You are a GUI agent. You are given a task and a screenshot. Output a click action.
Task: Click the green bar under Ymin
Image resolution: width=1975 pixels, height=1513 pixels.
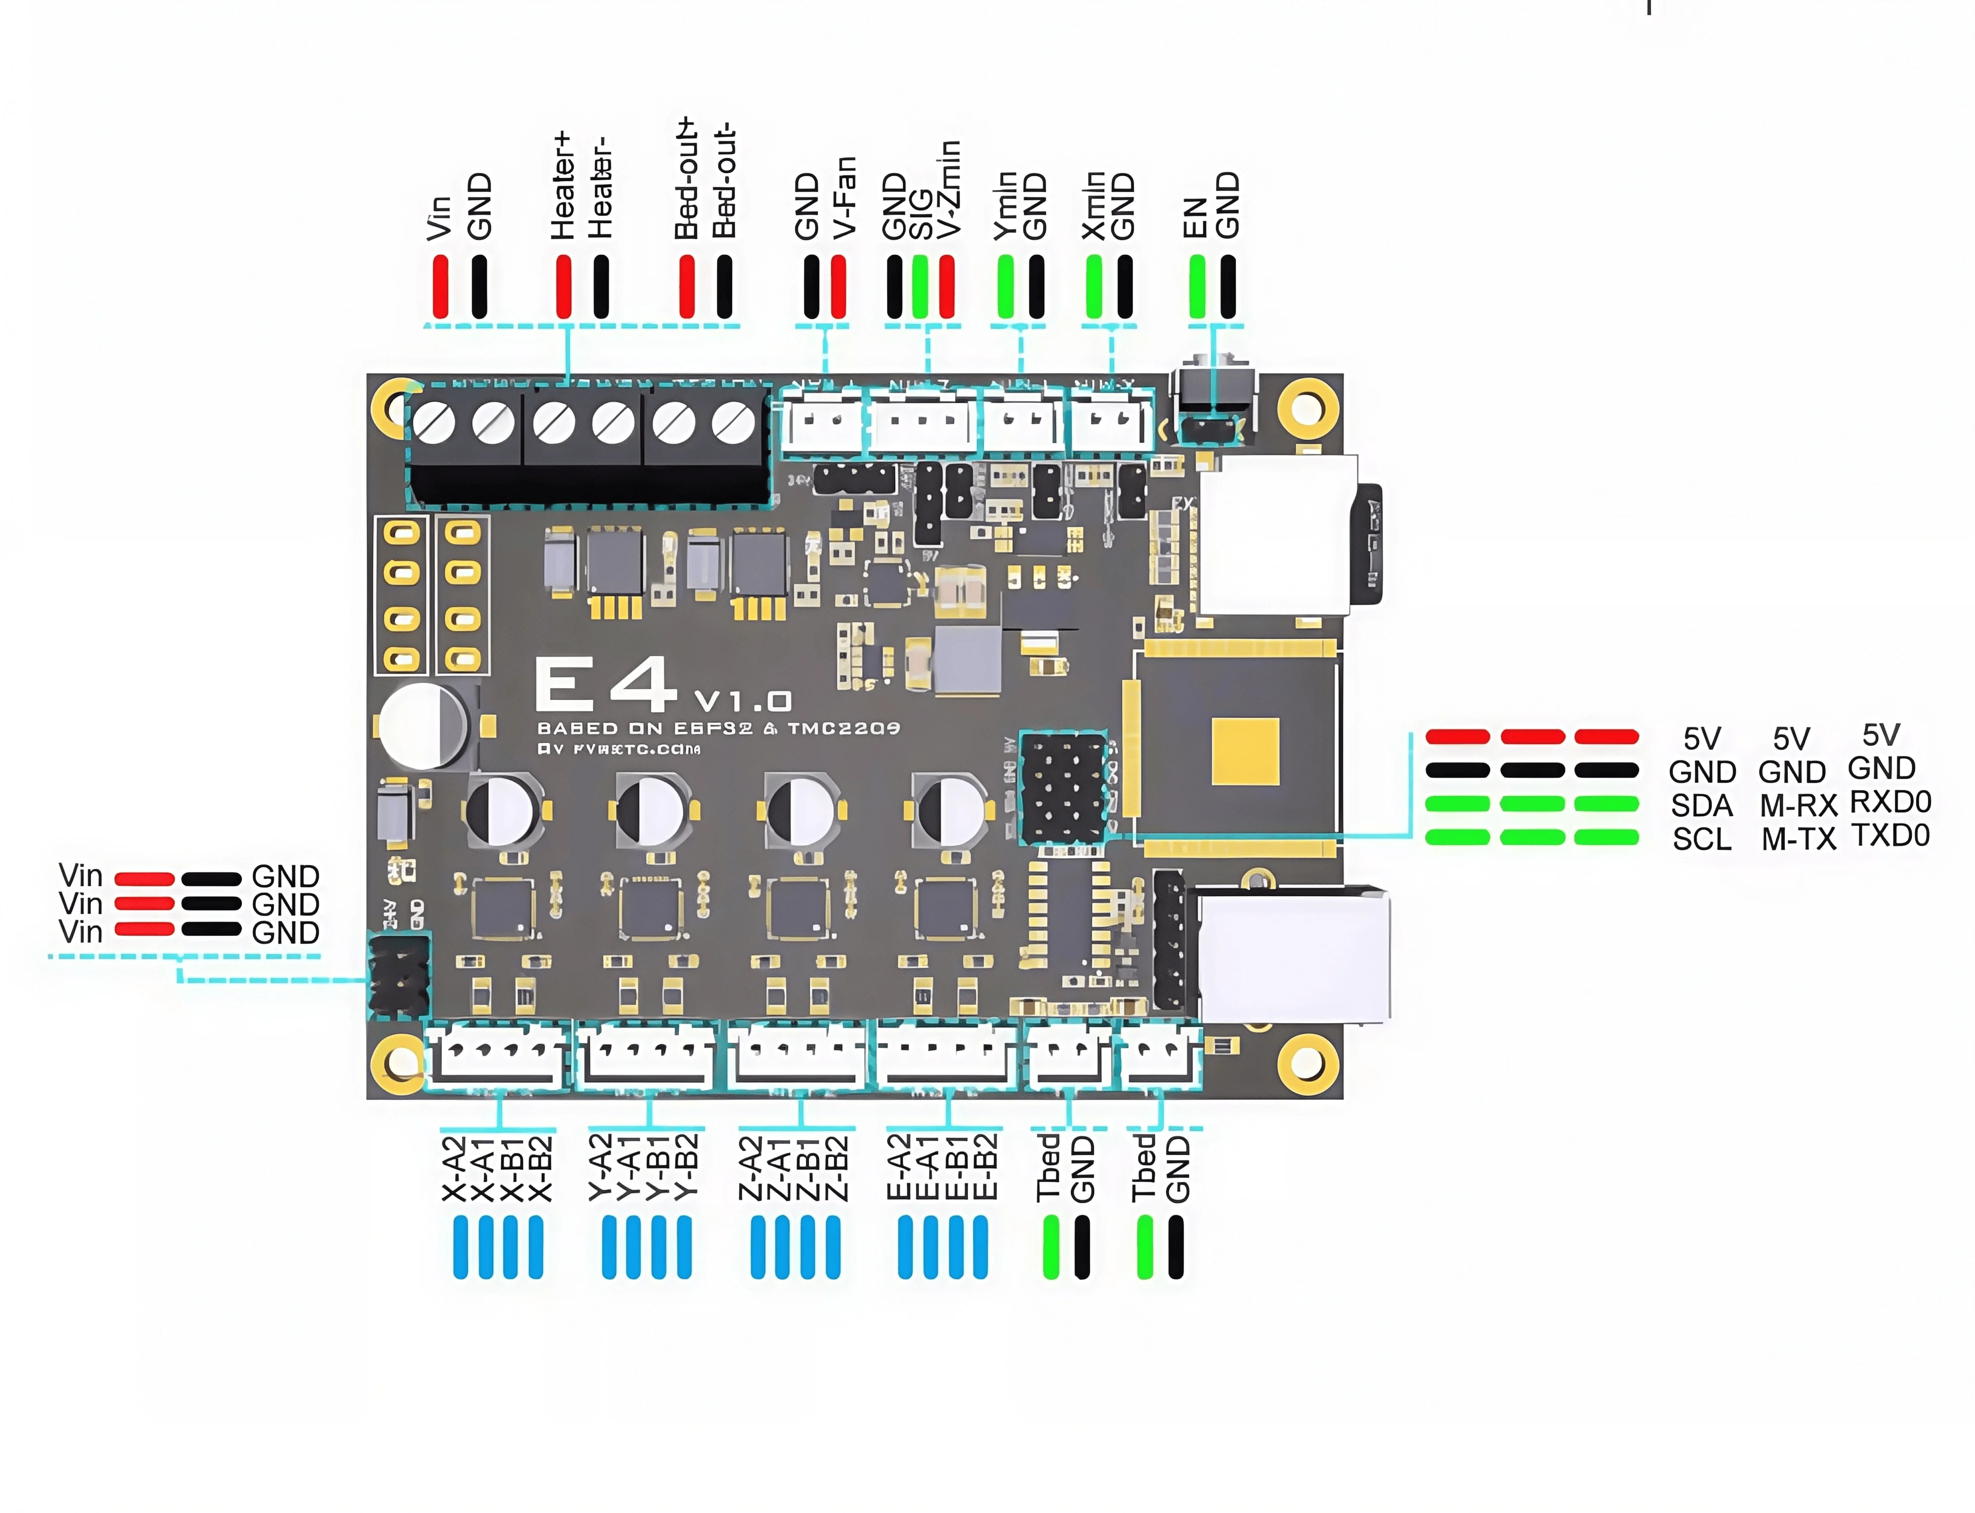tap(1005, 286)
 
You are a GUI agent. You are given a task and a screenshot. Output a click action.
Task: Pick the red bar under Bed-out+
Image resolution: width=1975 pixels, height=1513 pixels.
tap(686, 286)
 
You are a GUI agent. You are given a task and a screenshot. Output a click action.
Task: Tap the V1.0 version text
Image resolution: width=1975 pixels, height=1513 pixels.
tap(743, 701)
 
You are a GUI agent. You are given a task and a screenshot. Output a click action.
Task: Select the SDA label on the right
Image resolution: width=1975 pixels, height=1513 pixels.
tap(1701, 805)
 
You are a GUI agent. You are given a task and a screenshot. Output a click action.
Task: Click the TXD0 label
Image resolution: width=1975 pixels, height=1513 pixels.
tap(1891, 836)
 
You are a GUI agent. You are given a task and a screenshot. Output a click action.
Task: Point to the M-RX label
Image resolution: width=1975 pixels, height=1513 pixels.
tap(1798, 805)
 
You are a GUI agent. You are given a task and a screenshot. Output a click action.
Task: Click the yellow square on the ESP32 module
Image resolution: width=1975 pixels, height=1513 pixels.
tap(1245, 751)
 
